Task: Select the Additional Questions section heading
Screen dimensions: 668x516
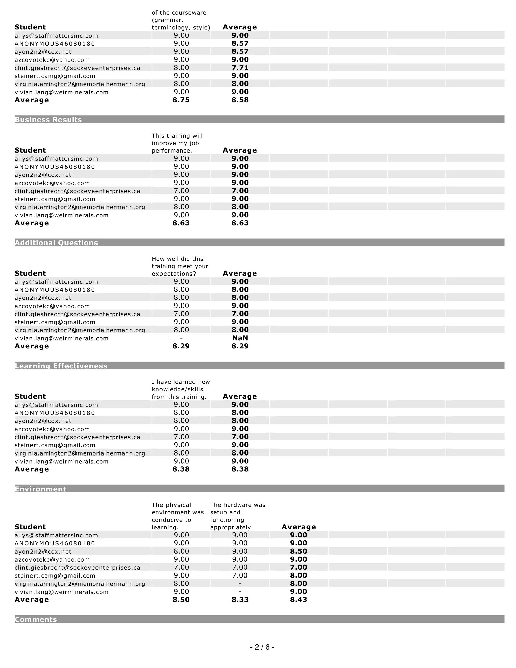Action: pos(56,242)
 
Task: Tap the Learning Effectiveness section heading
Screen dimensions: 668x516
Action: pos(61,366)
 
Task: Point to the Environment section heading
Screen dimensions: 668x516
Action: pos(40,489)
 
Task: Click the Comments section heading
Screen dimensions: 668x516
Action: pos(36,619)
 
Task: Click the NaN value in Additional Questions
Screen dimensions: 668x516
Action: pos(240,338)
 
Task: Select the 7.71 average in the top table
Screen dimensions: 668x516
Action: pos(240,68)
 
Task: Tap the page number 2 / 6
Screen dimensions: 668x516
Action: pos(262,647)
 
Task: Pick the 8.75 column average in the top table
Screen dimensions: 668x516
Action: pos(181,100)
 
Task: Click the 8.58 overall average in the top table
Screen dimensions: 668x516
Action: pos(240,100)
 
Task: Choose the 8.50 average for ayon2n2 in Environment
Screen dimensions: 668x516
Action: pos(298,551)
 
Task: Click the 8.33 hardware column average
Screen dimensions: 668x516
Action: pos(240,599)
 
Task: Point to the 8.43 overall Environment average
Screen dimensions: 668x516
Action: pos(298,599)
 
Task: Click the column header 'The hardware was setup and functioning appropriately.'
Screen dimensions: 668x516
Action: pos(238,516)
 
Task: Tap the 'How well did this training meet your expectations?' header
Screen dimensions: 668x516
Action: pos(180,266)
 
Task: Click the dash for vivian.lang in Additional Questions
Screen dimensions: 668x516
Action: pos(181,338)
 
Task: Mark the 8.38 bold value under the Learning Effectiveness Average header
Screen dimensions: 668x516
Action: pos(240,469)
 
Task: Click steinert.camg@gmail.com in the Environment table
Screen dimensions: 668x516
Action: pos(55,576)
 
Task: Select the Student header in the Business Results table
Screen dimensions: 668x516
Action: pos(30,150)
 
